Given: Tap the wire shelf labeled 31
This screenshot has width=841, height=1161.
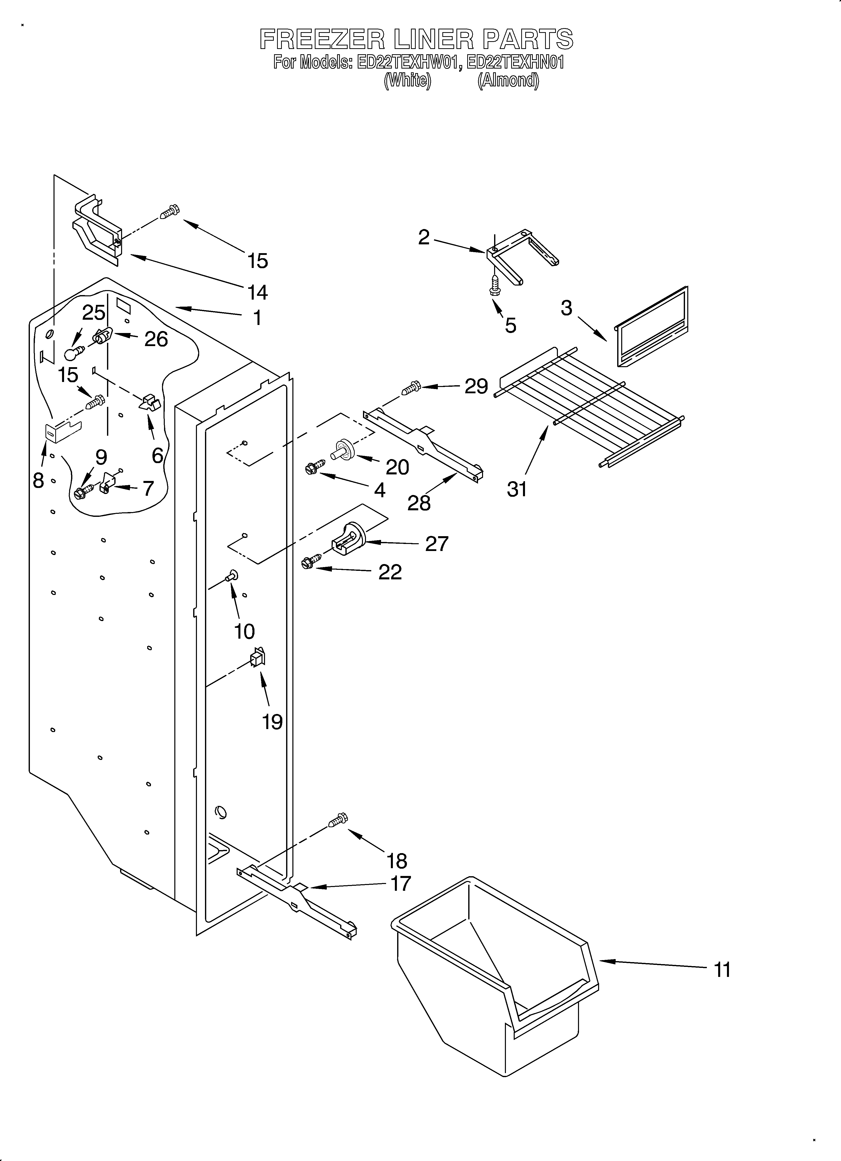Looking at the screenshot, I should (589, 404).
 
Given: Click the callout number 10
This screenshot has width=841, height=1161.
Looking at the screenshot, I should (244, 631).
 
